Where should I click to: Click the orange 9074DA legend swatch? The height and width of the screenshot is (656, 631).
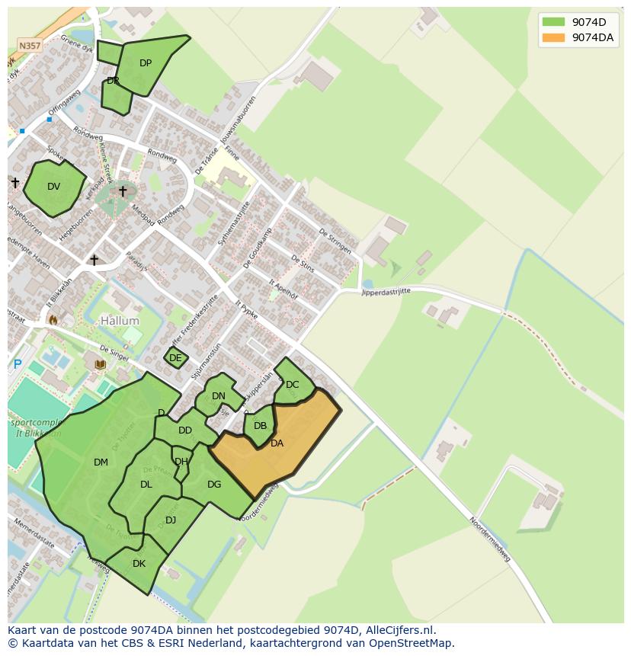(x=554, y=37)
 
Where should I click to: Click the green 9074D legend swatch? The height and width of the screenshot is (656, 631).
(x=554, y=21)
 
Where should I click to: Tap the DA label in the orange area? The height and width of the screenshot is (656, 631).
(x=277, y=443)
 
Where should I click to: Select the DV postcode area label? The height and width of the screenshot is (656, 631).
(x=53, y=187)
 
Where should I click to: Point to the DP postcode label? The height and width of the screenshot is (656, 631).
(x=146, y=63)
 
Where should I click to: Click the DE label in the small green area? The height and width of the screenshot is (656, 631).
(x=175, y=358)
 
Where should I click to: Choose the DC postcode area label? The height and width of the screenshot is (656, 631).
(x=293, y=385)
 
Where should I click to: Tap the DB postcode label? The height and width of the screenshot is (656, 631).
(x=260, y=426)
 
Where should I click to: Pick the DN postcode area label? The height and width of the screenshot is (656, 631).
(x=219, y=395)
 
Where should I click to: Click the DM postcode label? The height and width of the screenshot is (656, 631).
(x=101, y=462)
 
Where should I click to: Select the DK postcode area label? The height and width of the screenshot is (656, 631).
(x=139, y=564)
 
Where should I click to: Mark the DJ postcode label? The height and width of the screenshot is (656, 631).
(x=171, y=520)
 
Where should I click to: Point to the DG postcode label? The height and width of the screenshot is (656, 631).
(x=214, y=485)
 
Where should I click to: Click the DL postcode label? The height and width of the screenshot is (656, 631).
(x=146, y=485)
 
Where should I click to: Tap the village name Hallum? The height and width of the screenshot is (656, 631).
(x=120, y=322)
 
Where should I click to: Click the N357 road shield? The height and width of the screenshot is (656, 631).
(x=30, y=46)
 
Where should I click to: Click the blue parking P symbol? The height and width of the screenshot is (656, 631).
(x=17, y=364)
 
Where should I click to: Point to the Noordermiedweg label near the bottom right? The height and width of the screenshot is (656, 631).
(x=489, y=539)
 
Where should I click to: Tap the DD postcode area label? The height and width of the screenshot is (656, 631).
(x=185, y=430)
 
